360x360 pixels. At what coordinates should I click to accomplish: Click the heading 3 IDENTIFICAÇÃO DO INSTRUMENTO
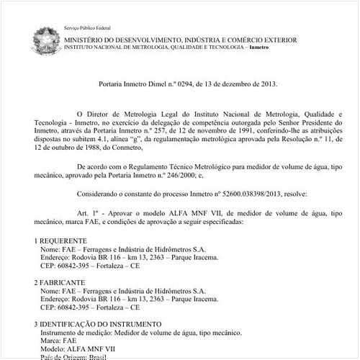(x=98, y=325)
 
